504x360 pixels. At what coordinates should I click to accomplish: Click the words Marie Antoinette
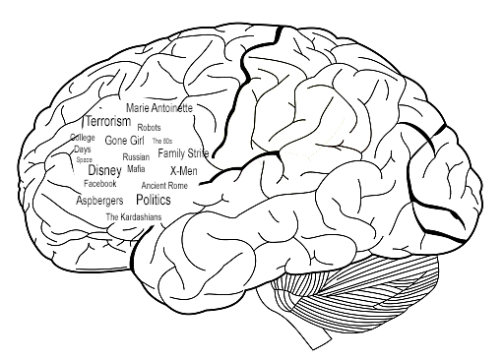[x=159, y=108]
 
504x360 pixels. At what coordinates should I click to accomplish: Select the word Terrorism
[x=108, y=121]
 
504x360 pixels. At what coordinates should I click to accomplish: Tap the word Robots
[x=149, y=127]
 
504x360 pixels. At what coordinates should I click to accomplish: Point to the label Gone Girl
[x=124, y=141]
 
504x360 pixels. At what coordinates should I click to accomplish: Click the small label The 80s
[x=162, y=141]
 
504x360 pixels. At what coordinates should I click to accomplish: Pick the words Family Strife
[x=183, y=153]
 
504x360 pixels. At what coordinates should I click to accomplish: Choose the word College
[x=83, y=138]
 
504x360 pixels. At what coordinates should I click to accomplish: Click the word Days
[x=83, y=150]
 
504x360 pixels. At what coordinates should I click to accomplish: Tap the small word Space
[x=84, y=160]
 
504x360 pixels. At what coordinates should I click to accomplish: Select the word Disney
[x=105, y=170]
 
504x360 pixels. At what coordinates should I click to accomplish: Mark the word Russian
[x=136, y=157]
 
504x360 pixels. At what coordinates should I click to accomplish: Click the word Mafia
[x=136, y=169]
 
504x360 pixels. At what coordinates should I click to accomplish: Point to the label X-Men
[x=184, y=171]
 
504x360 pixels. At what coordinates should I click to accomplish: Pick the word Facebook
[x=100, y=184]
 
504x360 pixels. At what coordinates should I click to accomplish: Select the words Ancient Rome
[x=164, y=186]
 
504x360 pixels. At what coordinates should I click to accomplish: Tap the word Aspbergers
[x=99, y=201]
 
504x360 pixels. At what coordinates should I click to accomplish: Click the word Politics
[x=154, y=200]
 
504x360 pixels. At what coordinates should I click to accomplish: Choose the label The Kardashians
[x=134, y=217]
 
